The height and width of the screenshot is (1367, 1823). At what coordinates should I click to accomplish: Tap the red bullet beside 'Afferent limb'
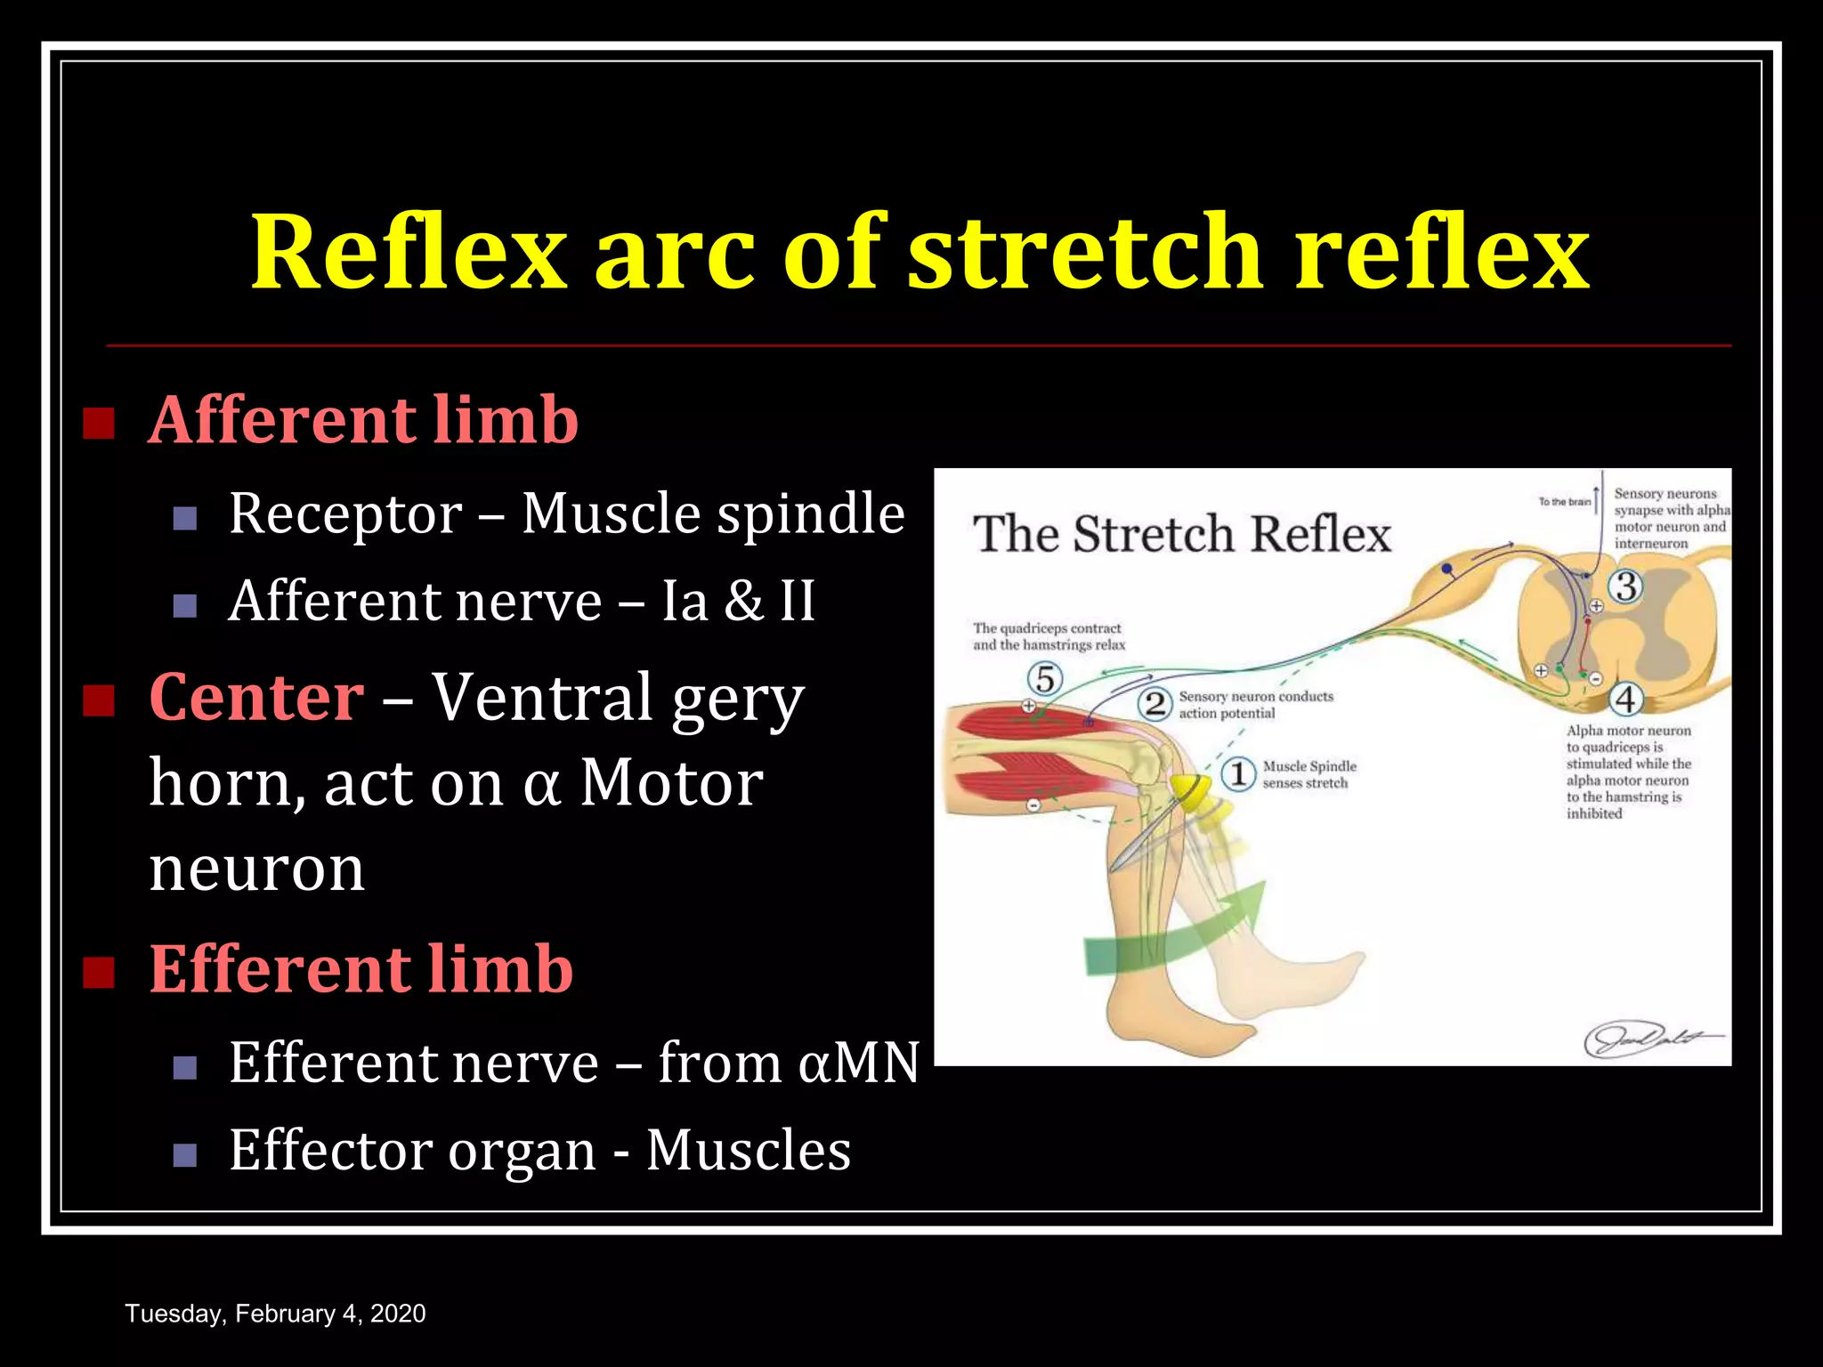[99, 424]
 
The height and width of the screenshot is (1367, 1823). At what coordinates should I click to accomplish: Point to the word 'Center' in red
[256, 697]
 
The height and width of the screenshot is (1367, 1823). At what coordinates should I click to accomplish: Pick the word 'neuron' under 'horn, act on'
[256, 869]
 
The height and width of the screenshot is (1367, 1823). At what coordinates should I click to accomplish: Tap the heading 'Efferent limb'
[361, 969]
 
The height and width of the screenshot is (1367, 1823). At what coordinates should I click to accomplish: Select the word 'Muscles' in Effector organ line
[749, 1150]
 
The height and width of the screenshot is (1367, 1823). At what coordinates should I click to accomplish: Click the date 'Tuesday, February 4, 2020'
[275, 1314]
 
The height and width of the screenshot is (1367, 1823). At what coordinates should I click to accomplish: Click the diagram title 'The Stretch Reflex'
[1181, 535]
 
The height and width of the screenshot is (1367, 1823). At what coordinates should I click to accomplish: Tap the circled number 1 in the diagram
[1237, 773]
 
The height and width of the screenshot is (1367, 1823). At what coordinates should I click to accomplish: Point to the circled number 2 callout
[1155, 704]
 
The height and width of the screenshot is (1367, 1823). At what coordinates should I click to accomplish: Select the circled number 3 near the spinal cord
[1625, 586]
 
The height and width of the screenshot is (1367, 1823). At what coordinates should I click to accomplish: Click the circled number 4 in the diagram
[1625, 700]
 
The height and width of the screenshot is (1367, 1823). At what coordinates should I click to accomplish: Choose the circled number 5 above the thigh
[1045, 679]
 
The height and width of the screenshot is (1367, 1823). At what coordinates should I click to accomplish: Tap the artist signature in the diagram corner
[1651, 1038]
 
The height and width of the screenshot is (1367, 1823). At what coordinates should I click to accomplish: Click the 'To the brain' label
[1564, 502]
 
